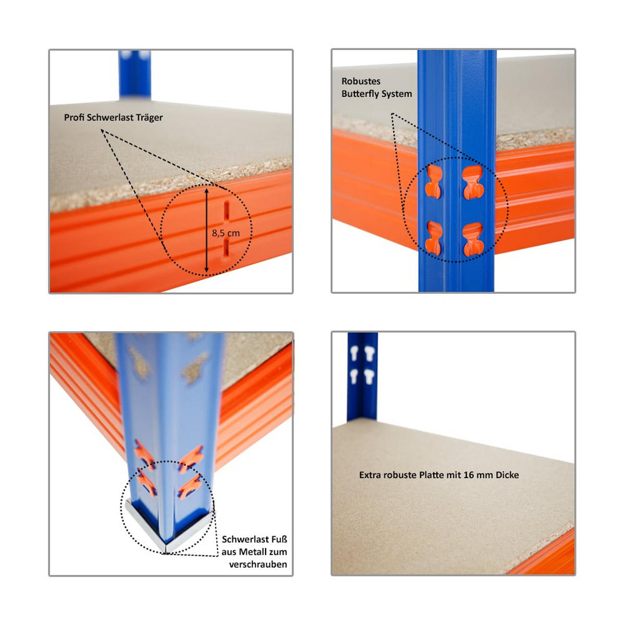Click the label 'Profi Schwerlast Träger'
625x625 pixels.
(x=113, y=118)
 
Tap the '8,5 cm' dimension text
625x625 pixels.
(x=226, y=233)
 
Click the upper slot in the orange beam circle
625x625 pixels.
(x=227, y=211)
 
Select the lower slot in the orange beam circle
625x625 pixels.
(x=227, y=248)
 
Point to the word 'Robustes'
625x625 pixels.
(x=361, y=81)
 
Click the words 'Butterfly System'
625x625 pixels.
(x=377, y=94)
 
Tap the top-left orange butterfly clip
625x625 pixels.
(x=433, y=182)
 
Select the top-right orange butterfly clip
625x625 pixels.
(x=473, y=183)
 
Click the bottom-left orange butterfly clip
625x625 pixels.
(x=433, y=239)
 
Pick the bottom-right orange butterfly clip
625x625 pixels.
(x=473, y=240)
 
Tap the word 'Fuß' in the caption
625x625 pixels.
(x=279, y=540)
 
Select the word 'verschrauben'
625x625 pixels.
(x=258, y=565)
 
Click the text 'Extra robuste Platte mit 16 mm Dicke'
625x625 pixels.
(x=439, y=475)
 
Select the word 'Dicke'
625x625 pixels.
(x=507, y=475)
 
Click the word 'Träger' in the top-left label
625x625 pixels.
(x=149, y=118)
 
